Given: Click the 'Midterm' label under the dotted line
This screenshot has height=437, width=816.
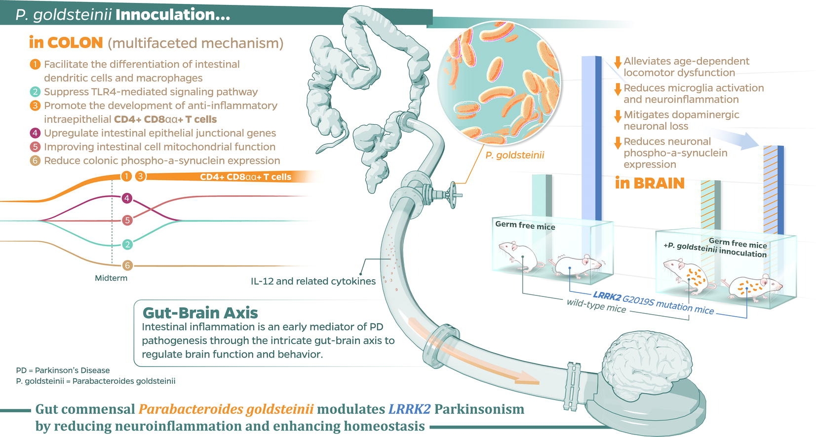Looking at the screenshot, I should [111, 278].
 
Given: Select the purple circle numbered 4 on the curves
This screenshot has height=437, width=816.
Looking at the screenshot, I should [127, 198].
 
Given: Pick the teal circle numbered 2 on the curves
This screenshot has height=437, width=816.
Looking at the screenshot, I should [127, 244].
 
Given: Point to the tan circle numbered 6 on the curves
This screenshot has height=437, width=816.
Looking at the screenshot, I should [127, 265].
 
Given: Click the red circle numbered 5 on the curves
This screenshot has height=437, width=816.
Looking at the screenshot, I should [127, 220].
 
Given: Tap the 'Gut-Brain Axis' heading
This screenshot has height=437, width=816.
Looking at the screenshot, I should [200, 313].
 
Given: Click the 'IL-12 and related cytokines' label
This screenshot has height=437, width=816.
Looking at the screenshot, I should [313, 281].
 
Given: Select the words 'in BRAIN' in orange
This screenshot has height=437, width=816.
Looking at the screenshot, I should [650, 183].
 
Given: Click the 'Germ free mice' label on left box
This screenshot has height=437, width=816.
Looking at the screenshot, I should [525, 225].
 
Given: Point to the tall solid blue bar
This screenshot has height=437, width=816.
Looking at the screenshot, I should [591, 138].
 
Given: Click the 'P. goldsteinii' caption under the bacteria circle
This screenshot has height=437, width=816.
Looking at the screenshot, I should [514, 155].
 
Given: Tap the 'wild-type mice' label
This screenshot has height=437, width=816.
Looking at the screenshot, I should [596, 306].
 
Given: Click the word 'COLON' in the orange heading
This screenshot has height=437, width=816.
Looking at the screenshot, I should [75, 43].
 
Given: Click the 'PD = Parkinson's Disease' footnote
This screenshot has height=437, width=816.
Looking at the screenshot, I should [63, 370].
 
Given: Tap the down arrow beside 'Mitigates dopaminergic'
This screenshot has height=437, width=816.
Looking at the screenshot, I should [617, 116].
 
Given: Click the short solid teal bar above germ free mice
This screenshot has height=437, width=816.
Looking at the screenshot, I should [542, 195].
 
